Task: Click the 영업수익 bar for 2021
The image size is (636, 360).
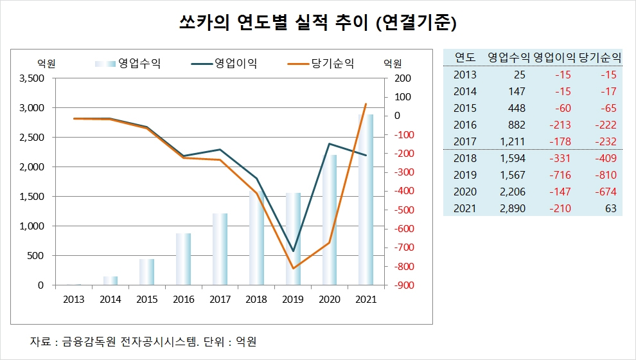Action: coord(366,200)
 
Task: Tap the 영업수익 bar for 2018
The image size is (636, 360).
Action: coord(256,238)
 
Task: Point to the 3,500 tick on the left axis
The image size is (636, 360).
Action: coord(32,78)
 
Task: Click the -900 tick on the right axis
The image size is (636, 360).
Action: coord(396,285)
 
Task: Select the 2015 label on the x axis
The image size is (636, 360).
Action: coord(146,299)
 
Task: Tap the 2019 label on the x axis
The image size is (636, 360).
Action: coord(293,299)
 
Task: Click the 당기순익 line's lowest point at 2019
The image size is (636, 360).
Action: coord(293,268)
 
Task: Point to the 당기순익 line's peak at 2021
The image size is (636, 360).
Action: coord(366,104)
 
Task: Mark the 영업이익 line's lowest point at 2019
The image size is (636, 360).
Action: coord(293,251)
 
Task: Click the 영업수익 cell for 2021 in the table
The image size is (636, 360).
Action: coord(512,209)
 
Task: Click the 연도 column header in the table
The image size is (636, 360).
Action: coord(464,57)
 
